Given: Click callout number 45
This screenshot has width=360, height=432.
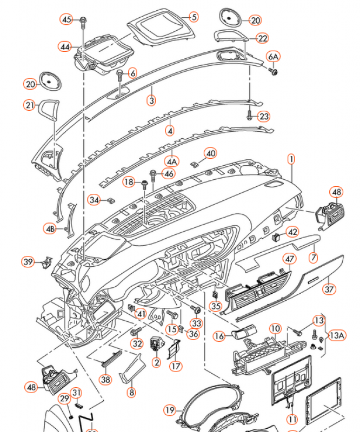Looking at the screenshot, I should coord(66,20).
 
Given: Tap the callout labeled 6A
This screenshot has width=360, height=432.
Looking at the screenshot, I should coord(274,57).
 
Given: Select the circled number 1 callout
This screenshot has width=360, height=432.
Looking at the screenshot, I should coord(291,159).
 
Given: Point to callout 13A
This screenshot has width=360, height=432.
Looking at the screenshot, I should coord(337,335).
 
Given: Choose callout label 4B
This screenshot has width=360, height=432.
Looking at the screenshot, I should coord(50,229).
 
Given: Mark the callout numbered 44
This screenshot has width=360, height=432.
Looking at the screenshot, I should coord(65,47).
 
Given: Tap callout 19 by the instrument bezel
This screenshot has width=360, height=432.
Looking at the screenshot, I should coord(170,410).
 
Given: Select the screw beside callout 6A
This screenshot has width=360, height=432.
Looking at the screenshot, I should coord(275,70).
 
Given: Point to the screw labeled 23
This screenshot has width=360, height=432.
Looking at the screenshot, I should coord(249,114).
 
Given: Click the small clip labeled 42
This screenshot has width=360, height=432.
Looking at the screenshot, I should coord(277,235).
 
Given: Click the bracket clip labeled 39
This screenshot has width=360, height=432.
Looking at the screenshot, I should coord(46,262).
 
